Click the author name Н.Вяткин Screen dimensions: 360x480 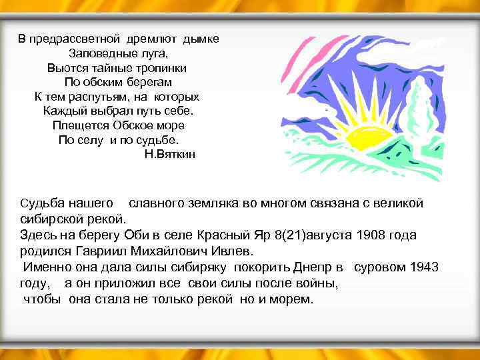click(x=170, y=154)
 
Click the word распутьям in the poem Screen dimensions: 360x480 click(x=91, y=97)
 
